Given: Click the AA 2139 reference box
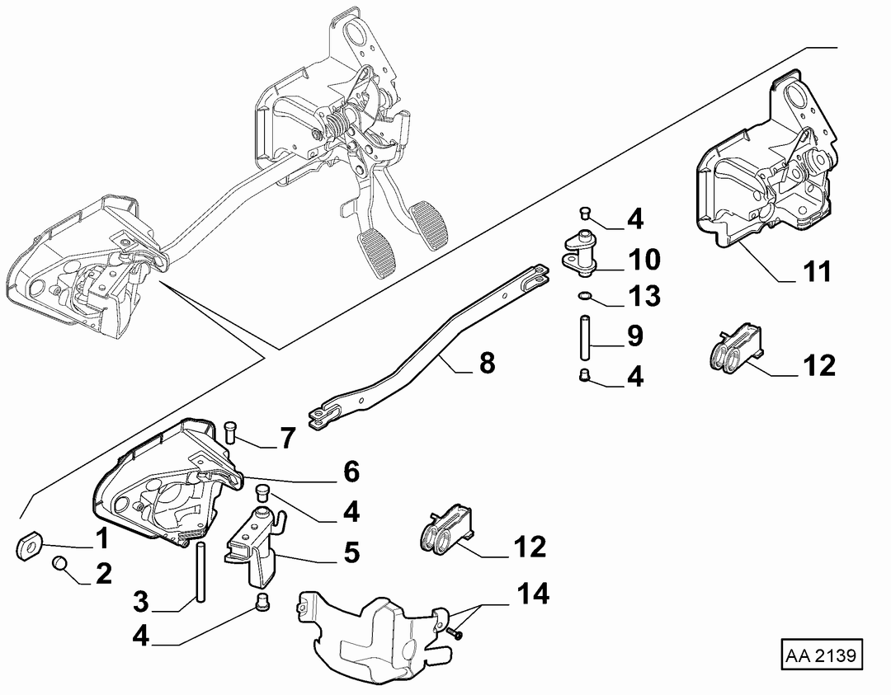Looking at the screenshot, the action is [822, 655].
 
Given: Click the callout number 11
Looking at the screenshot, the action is [818, 271].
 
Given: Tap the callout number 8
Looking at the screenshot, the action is [487, 363].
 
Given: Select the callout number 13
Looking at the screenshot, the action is [643, 296].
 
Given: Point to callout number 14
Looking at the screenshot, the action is [533, 594].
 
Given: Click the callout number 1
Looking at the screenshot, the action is [101, 538].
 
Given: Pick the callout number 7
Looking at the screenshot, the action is [288, 439].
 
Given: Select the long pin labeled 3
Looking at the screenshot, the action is [200, 571].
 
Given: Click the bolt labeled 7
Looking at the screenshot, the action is [231, 433].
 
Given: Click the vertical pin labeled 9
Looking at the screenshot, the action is [583, 337].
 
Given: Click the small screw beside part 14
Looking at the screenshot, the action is [455, 632].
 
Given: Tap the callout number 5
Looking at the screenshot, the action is [351, 552].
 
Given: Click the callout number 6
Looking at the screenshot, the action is [351, 472].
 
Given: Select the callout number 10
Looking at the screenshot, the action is [643, 260].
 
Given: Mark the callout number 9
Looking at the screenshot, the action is [634, 336].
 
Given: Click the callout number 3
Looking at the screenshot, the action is [141, 601].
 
